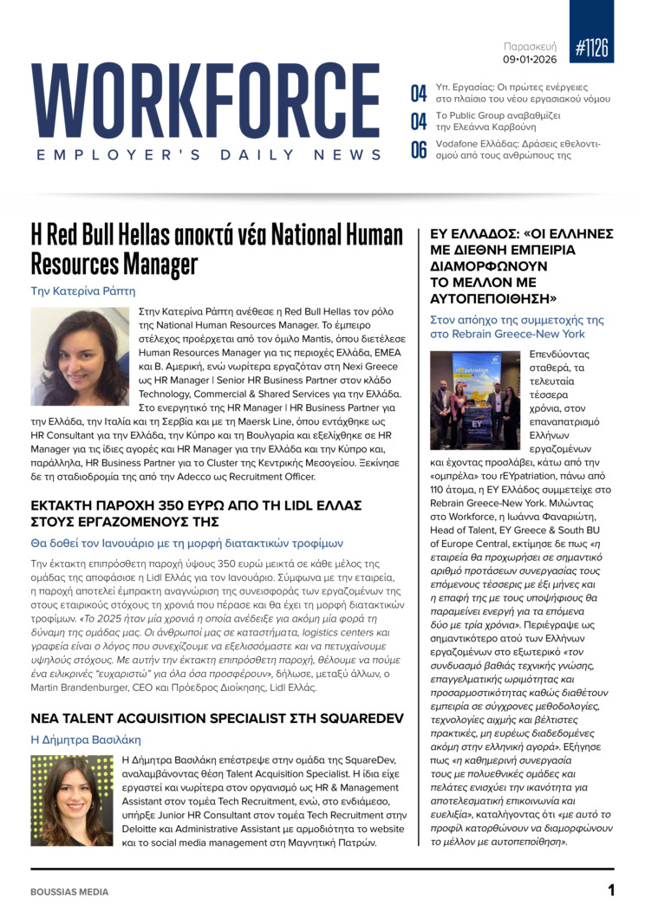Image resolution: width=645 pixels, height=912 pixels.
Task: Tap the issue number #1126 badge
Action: (591, 49)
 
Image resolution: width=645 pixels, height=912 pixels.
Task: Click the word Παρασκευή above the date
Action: (531, 46)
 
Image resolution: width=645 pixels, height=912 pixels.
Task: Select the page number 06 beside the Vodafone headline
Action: (419, 150)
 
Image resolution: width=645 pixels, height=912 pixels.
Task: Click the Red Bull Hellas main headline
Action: (217, 248)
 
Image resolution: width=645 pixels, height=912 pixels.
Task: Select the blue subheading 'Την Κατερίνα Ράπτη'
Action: (83, 291)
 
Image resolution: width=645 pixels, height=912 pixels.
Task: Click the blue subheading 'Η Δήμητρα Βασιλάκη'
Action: (85, 739)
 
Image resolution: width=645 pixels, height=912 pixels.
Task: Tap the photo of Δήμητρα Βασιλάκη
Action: (71, 800)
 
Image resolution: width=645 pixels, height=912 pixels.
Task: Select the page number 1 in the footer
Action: (610, 890)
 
